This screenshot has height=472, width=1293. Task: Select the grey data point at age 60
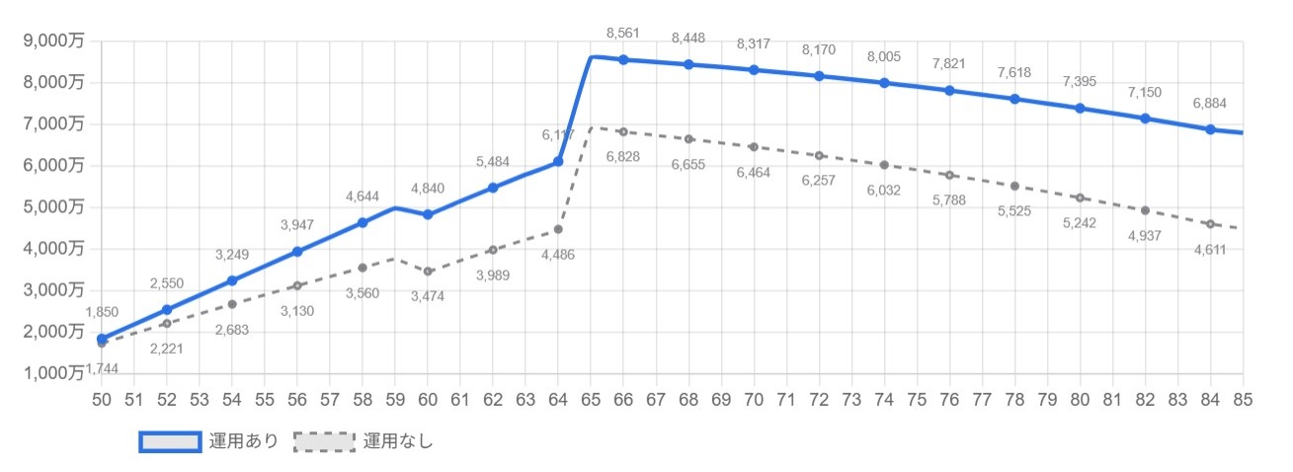(428, 272)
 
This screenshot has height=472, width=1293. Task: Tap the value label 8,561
(623, 33)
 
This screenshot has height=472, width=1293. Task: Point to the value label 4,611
(1210, 250)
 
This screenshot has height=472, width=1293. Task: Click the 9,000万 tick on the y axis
(55, 40)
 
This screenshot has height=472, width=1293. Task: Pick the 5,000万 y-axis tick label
(55, 206)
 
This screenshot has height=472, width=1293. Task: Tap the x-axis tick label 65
(591, 400)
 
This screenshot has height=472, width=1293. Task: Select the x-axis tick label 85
(1243, 400)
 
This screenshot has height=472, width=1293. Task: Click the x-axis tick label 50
(102, 400)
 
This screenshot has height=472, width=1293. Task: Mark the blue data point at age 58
(363, 223)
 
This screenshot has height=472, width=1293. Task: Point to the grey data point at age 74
(884, 165)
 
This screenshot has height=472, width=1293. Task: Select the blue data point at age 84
(1210, 129)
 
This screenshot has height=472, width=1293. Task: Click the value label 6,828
(623, 157)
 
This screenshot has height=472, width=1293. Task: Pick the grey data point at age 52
(167, 323)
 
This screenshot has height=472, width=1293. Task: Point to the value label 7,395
(1080, 82)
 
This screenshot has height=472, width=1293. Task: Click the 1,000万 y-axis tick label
(55, 372)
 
